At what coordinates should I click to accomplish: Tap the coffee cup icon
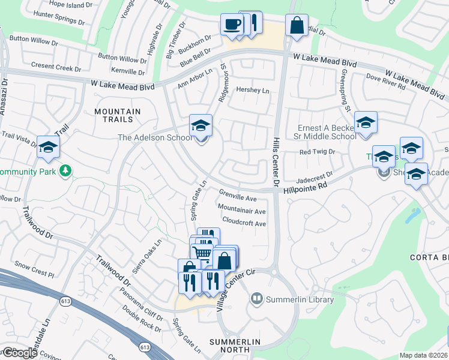coord(232,25)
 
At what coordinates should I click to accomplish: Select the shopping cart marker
coord(202,253)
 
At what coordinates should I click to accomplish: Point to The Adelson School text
coord(155,137)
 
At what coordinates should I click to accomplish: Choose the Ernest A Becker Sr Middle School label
coord(327,132)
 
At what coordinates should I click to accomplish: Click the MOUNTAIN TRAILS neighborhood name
coord(118,116)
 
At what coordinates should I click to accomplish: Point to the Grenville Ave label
coord(238,196)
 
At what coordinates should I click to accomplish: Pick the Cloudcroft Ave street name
coord(244,223)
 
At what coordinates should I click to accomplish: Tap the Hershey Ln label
coord(253,91)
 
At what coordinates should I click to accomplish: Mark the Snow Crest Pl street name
coord(34,266)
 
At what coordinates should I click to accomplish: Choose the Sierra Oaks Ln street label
coord(147,257)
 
